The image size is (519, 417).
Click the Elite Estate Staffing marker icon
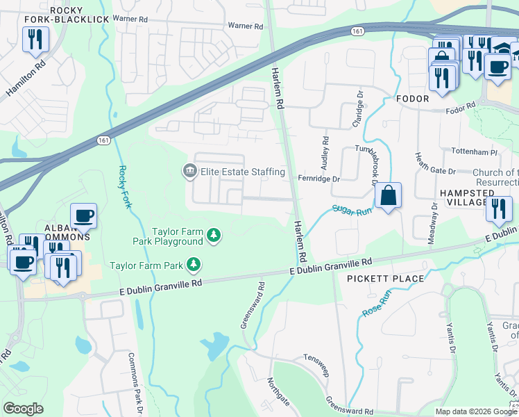(x=189, y=171)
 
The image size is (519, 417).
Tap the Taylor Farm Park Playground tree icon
(x=215, y=236)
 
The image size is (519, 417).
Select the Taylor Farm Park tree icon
(x=195, y=265)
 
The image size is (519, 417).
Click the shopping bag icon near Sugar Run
(x=389, y=197)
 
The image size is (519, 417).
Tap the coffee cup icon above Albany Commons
(x=83, y=216)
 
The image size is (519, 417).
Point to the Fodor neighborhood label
(x=412, y=99)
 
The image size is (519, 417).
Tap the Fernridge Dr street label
(x=318, y=179)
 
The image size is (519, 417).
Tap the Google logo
(x=24, y=409)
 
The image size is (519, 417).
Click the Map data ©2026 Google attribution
(x=476, y=411)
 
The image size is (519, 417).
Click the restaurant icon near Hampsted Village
(x=498, y=209)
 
